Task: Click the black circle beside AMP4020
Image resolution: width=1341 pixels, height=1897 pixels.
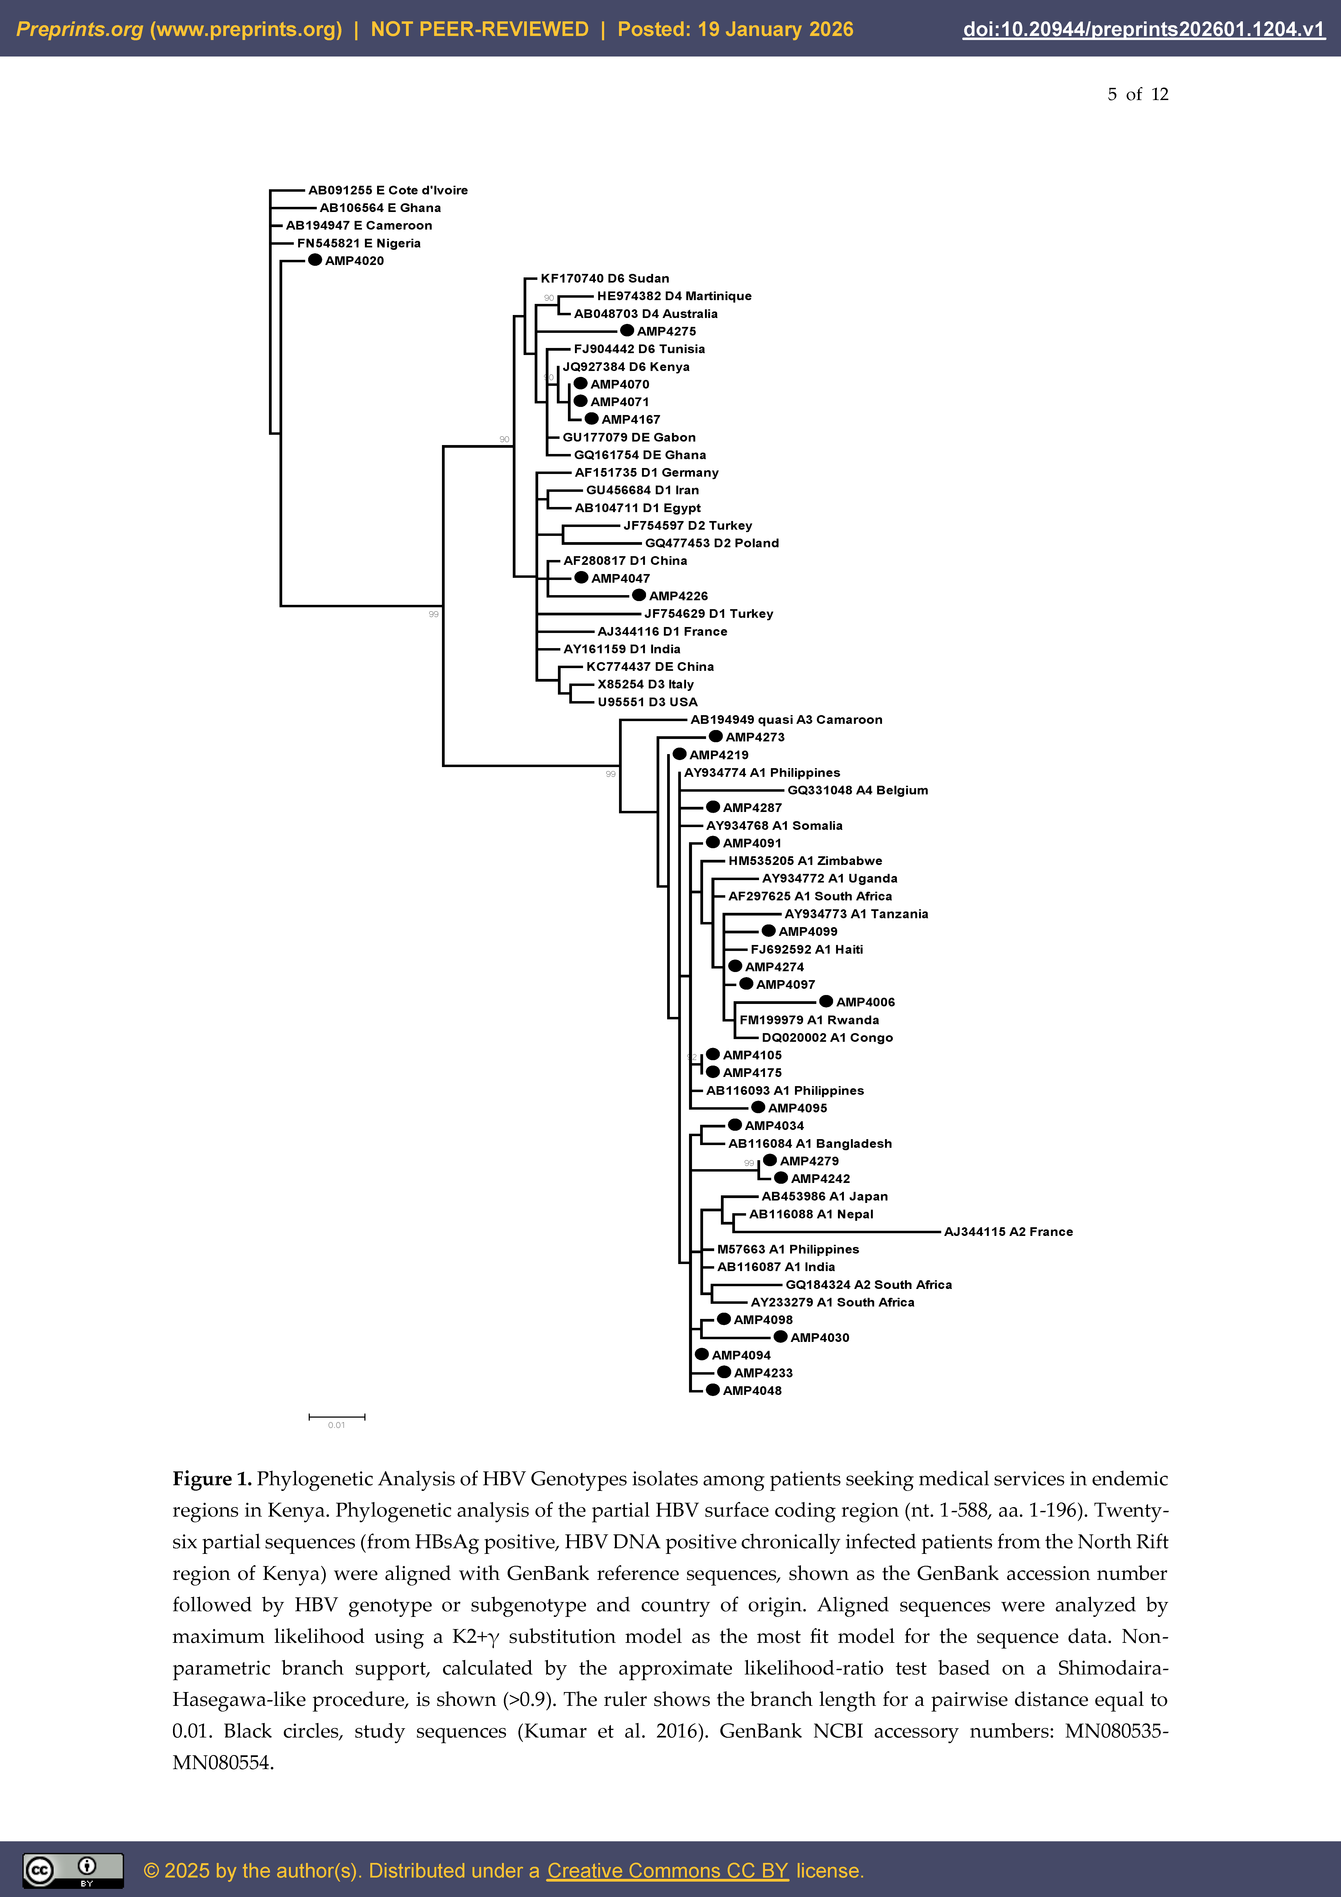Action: click(315, 260)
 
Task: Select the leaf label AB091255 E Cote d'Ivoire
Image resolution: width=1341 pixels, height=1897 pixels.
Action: click(388, 190)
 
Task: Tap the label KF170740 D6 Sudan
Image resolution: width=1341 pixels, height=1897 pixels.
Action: click(605, 278)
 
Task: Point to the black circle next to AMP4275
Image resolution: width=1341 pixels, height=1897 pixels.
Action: click(627, 330)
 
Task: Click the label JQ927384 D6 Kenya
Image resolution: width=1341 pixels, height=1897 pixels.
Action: click(626, 367)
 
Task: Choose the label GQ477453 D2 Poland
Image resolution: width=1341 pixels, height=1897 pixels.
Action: click(711, 543)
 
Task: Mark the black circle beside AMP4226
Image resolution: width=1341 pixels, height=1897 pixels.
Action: click(639, 595)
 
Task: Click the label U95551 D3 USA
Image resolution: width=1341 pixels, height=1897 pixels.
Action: click(647, 702)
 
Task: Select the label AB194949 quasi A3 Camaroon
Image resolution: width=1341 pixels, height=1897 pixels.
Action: click(786, 720)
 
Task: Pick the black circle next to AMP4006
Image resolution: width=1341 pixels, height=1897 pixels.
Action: click(826, 1001)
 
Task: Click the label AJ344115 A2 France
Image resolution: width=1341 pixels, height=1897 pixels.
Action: click(1008, 1232)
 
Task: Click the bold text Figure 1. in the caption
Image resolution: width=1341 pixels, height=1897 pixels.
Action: click(212, 1479)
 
